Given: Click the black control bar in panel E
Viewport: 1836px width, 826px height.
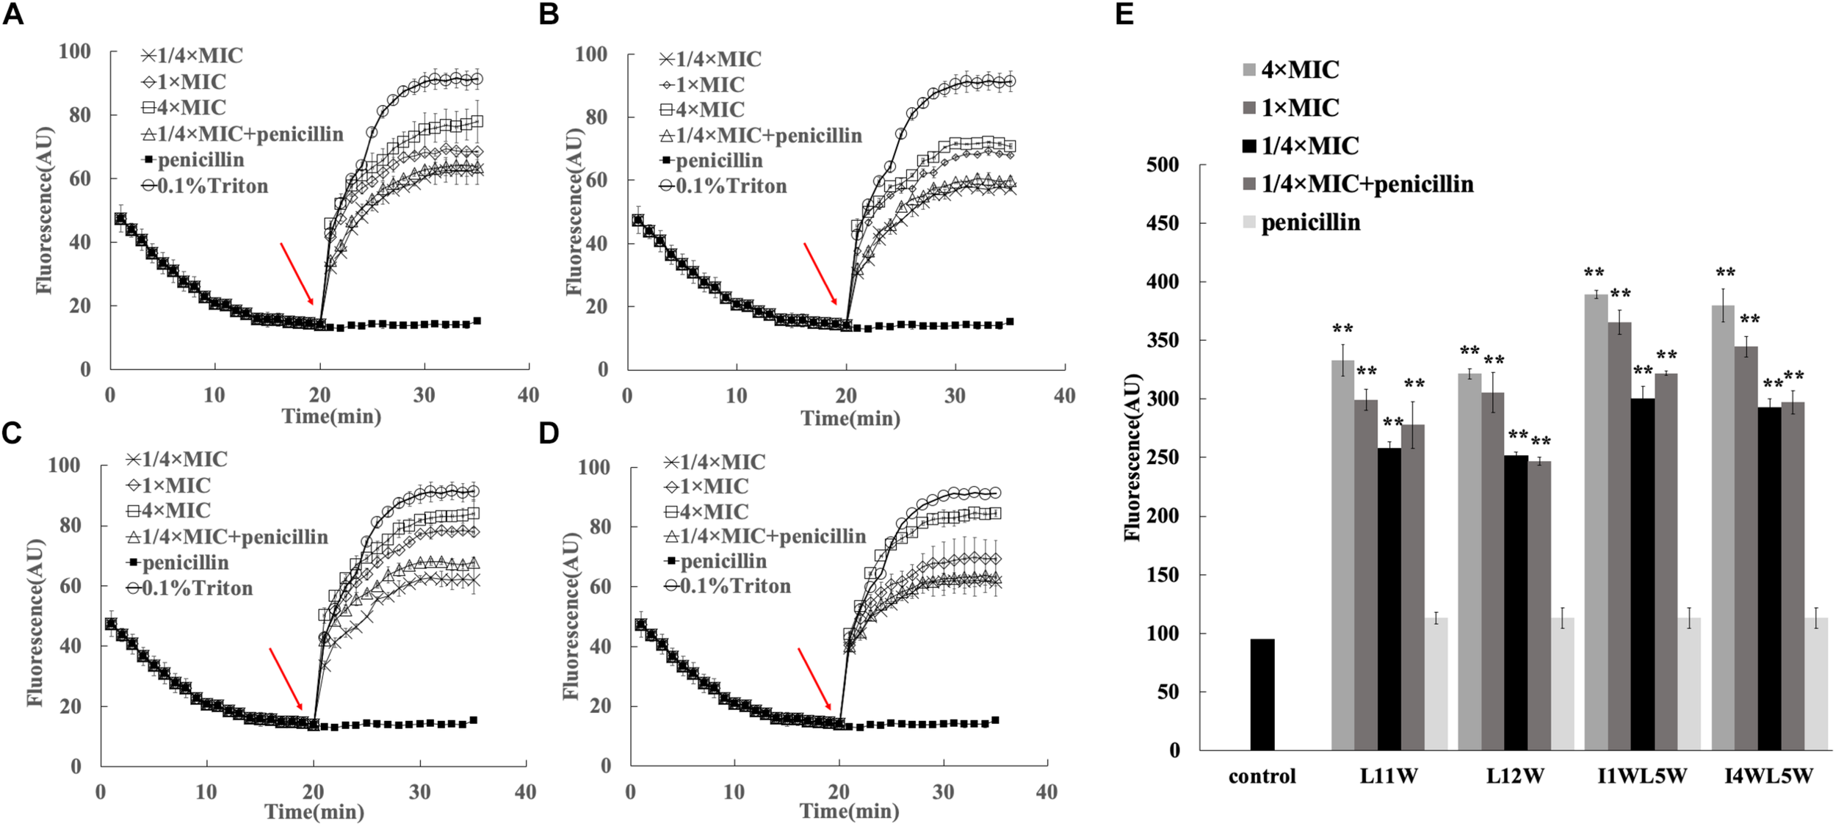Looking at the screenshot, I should coord(1262,694).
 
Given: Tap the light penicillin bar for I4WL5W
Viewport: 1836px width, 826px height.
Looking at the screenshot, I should coord(1816,684).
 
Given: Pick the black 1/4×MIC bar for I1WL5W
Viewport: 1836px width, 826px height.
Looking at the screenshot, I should coord(1642,573).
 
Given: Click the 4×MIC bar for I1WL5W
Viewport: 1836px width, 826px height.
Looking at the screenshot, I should coord(1596,521).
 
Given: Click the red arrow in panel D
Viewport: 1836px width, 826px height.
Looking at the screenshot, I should coord(815,678).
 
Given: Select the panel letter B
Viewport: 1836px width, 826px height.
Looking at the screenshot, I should coord(549,15).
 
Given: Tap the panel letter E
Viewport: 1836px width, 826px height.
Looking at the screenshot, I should coord(1124,15).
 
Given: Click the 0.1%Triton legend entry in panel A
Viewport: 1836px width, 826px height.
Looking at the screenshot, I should coord(205,186).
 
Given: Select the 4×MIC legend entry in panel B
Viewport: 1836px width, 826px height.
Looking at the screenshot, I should coord(702,109).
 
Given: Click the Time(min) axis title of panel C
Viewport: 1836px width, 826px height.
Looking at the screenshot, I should coord(314,812).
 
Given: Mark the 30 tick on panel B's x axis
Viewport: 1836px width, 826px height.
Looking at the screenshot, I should coord(955,396).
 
